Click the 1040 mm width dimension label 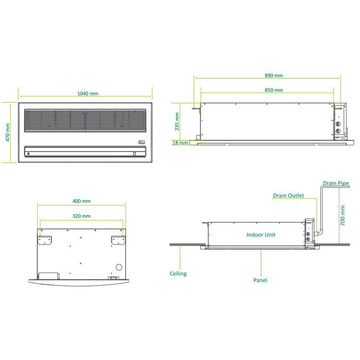click(87, 94)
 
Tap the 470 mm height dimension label click(7, 132)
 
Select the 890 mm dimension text click(274, 75)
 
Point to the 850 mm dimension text click(274, 90)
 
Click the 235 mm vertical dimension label click(177, 121)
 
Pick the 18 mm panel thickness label click(180, 143)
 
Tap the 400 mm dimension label click(82, 201)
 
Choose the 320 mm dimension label click(82, 216)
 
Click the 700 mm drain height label click(343, 215)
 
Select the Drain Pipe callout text click(336, 183)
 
